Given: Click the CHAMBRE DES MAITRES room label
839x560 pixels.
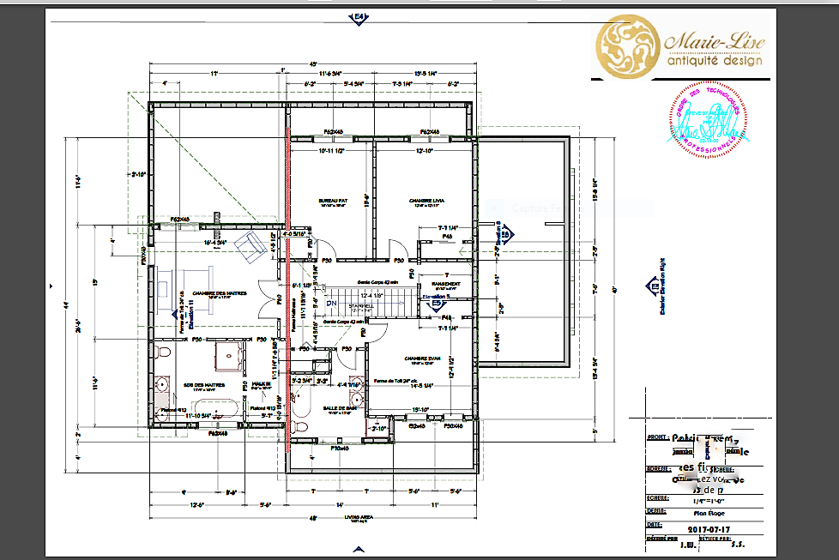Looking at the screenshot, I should coord(219,292).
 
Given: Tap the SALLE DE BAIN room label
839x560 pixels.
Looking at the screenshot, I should coord(339,408).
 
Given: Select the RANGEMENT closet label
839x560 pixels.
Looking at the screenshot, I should coord(447,285).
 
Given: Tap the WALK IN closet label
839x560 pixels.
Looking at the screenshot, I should coord(261,384).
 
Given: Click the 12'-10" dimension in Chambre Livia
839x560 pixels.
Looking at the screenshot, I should coord(425,151).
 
